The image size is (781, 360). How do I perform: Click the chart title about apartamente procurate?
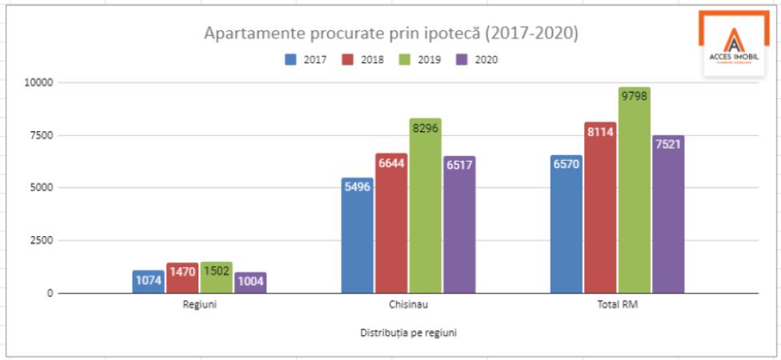390,34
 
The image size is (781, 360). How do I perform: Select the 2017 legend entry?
306,60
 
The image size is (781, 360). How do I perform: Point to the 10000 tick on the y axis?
38,82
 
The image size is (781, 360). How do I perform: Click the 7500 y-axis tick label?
40,135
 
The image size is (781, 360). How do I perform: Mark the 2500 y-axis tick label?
40,240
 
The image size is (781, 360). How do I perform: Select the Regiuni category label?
199,305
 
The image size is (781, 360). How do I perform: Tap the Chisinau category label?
408,305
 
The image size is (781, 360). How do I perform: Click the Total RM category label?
617,305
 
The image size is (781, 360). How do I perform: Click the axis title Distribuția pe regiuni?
408,333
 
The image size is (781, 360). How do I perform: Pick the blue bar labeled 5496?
357,240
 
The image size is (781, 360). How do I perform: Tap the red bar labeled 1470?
182,280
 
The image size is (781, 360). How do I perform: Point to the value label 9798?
634,95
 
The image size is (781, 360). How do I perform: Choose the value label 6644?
391,163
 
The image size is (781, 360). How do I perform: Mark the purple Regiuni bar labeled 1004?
250,283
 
